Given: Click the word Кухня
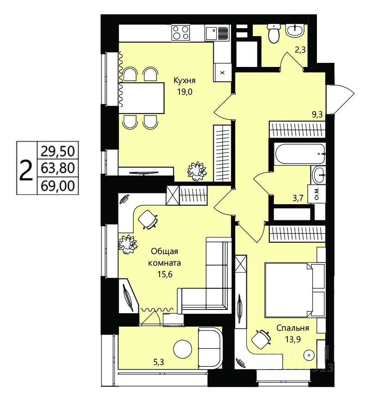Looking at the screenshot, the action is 184,81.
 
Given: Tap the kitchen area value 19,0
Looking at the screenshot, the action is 185,92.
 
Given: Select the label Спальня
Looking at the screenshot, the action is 292,328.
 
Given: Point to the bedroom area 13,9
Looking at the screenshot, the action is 293,339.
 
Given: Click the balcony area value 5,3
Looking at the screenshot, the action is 159,362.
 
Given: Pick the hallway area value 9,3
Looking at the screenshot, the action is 317,115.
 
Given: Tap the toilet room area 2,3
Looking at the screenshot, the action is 300,50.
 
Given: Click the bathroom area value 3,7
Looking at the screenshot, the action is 298,199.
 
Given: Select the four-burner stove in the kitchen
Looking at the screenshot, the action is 180,32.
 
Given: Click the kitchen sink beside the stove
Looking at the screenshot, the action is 217,33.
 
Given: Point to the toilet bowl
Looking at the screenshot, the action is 274,34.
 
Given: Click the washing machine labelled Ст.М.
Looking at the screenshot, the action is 316,194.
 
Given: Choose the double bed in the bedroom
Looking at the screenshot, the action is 295,290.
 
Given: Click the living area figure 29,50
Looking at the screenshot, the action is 58,151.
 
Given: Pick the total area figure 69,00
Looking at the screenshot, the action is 58,186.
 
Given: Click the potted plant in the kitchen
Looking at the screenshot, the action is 197,171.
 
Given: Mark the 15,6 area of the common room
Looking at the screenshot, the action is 165,274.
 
